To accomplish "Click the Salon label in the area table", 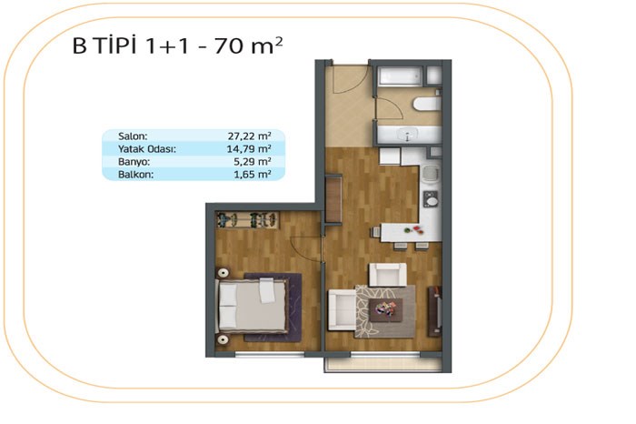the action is click(x=133, y=136).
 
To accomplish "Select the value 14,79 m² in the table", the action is click(x=249, y=148).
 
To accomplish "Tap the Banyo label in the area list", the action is click(x=134, y=162).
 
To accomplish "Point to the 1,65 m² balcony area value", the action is click(x=253, y=174).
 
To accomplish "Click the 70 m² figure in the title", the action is click(x=248, y=45).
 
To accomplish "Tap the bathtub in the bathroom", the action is click(x=401, y=76).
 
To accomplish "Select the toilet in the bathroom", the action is click(x=427, y=104).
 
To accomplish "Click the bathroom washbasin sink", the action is click(x=408, y=135).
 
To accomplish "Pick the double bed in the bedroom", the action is click(x=253, y=305).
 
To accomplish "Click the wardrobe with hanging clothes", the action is click(x=247, y=220).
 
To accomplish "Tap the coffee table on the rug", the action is click(x=386, y=310).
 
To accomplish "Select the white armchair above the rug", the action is click(x=387, y=275).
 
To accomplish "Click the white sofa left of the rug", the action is click(x=342, y=309).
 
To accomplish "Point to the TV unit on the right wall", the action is click(x=435, y=311).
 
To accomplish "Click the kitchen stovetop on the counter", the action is click(x=431, y=199).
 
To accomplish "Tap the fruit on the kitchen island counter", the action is click(x=414, y=230).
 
